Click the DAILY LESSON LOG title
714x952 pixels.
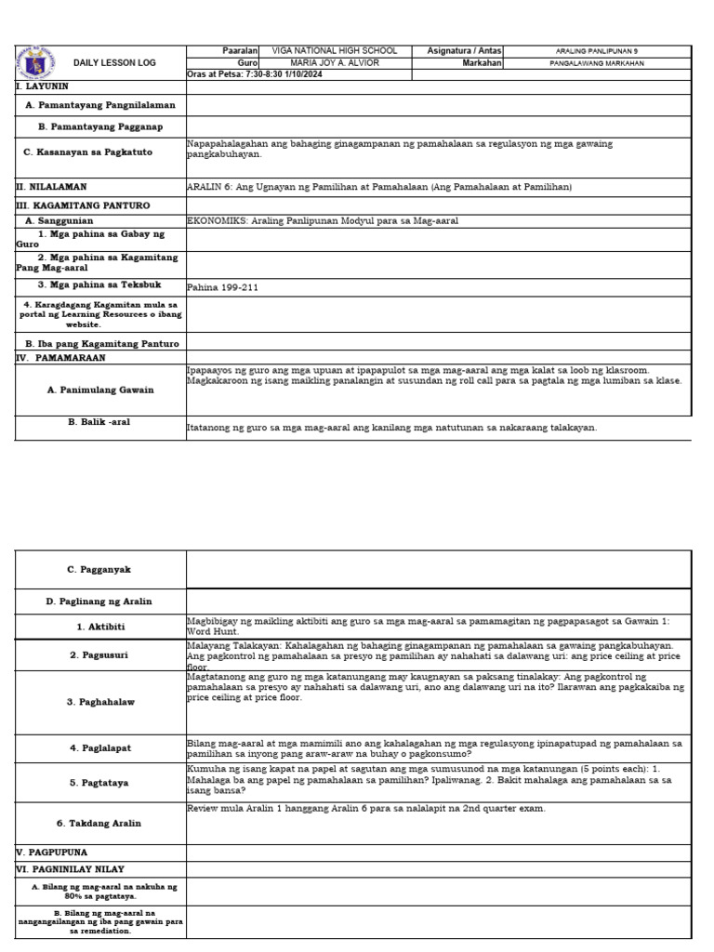(115, 63)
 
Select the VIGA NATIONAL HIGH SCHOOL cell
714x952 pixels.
(334, 51)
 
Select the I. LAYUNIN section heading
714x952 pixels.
(43, 86)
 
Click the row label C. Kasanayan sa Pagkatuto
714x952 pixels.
(101, 152)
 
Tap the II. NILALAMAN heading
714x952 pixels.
(52, 187)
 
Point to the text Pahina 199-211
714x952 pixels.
(223, 288)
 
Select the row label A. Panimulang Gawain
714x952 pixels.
(100, 390)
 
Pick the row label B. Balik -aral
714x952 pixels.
(99, 422)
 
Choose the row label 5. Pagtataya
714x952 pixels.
(101, 783)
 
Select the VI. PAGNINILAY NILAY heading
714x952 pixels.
(71, 869)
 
